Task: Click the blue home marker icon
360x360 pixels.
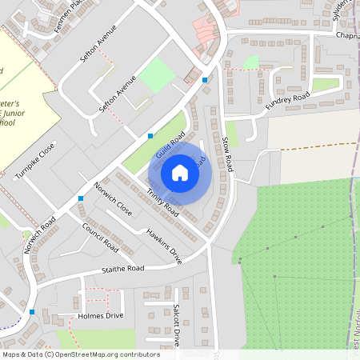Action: tap(180, 172)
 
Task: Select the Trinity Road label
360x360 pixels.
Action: tap(162, 201)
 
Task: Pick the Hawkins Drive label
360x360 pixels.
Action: tap(164, 246)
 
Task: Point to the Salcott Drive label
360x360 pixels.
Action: tap(177, 325)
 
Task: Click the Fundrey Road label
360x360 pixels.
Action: tap(288, 100)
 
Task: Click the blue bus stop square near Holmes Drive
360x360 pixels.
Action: tap(32, 311)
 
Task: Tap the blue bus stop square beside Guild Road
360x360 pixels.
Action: tap(150, 136)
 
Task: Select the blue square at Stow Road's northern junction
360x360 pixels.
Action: tap(206, 80)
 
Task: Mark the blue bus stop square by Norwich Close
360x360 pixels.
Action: tap(80, 198)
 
